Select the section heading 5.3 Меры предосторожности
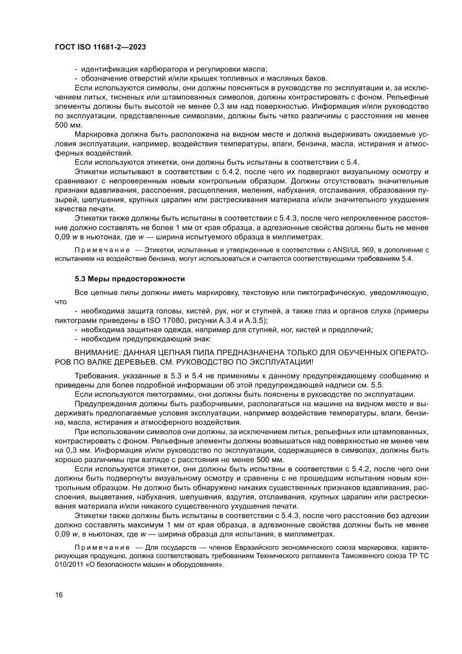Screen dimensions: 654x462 click(x=130, y=278)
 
